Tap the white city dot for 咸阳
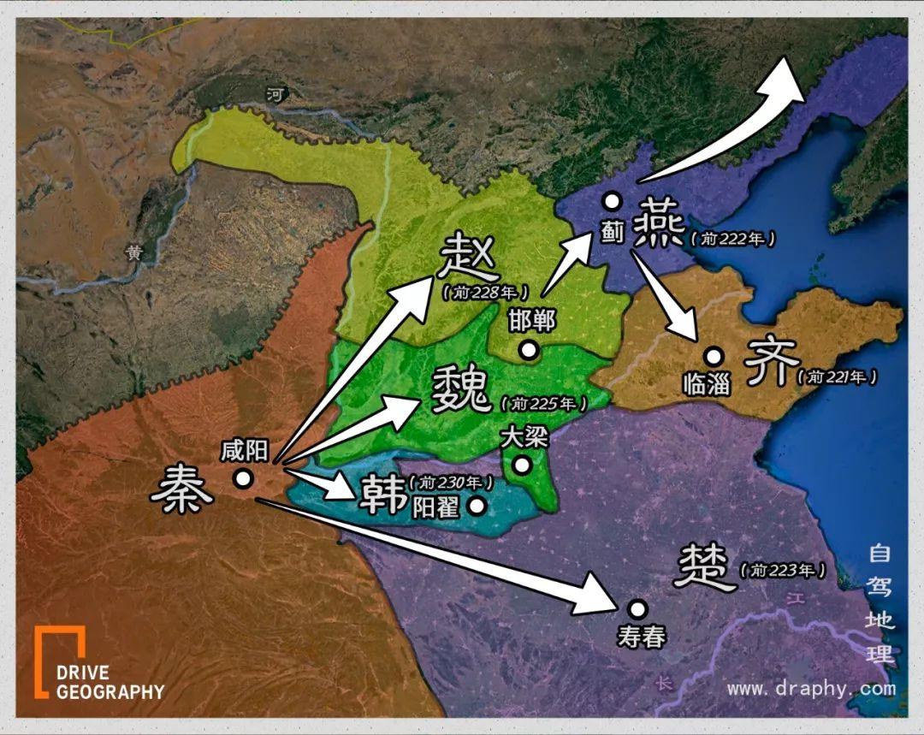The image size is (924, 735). (x=244, y=478)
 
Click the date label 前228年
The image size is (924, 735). (x=485, y=292)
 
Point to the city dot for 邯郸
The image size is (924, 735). (x=529, y=350)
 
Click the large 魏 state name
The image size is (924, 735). (x=462, y=389)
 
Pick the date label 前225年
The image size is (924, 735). (x=545, y=402)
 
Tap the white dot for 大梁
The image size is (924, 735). (x=521, y=465)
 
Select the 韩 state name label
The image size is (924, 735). (x=382, y=495)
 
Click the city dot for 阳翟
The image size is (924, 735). (x=477, y=506)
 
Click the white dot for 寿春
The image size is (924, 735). (x=637, y=608)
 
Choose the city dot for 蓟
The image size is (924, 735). (x=611, y=201)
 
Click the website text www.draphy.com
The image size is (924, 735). (x=810, y=688)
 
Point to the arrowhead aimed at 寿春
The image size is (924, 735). (x=604, y=596)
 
